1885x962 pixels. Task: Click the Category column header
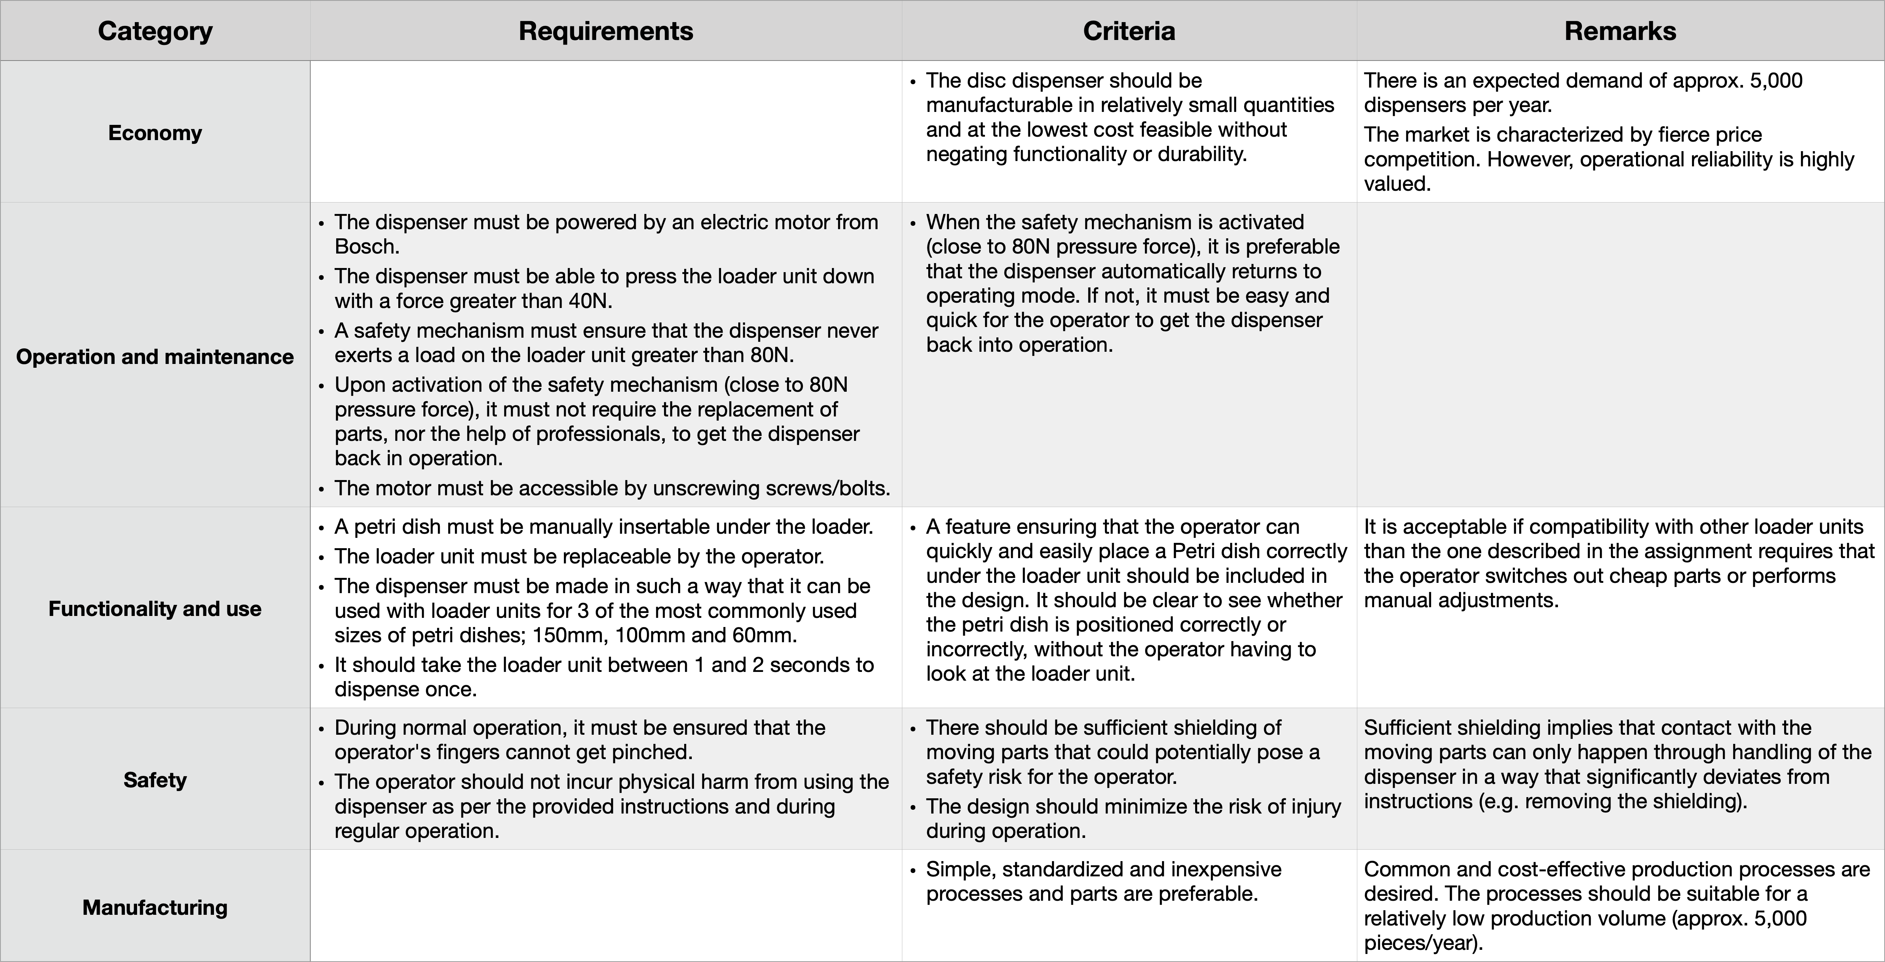pyautogui.click(x=155, y=31)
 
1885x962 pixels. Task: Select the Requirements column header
pyautogui.click(x=606, y=31)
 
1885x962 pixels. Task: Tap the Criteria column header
pyautogui.click(x=1129, y=31)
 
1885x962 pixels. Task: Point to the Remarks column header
pyautogui.click(x=1620, y=31)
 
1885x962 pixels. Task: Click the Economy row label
pyautogui.click(x=155, y=132)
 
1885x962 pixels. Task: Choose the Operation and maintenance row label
pyautogui.click(x=155, y=356)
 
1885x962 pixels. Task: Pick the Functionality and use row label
pyautogui.click(x=155, y=609)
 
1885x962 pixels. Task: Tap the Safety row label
pyautogui.click(x=155, y=780)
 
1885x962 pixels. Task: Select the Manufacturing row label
pyautogui.click(x=155, y=907)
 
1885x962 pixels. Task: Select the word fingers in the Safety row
pyautogui.click(x=509, y=752)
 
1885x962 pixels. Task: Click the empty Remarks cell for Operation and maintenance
pyautogui.click(x=1620, y=355)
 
